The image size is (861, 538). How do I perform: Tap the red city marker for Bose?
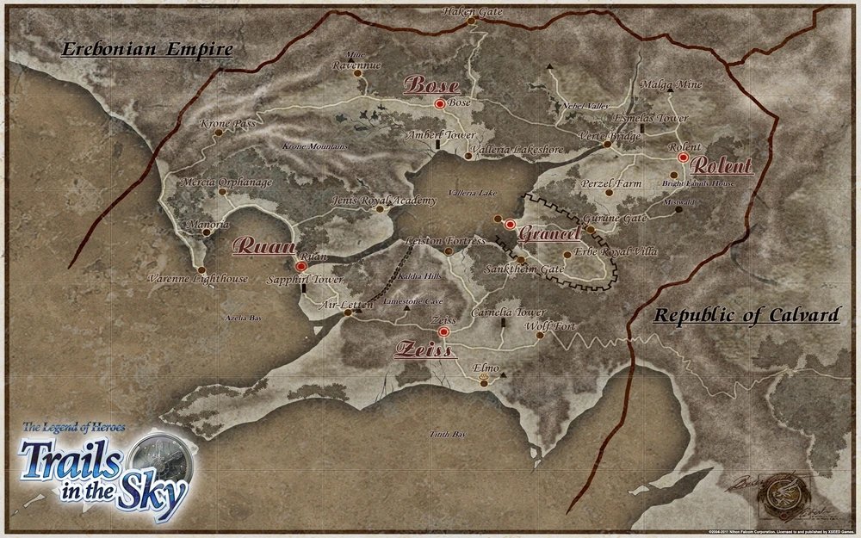pyautogui.click(x=440, y=103)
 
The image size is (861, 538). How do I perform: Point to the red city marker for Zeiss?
pyautogui.click(x=443, y=331)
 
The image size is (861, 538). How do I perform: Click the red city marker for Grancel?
pyautogui.click(x=510, y=226)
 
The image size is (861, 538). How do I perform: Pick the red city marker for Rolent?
pyautogui.click(x=684, y=158)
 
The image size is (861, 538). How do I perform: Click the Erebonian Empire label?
pyautogui.click(x=146, y=49)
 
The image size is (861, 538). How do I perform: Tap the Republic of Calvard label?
pyautogui.click(x=746, y=316)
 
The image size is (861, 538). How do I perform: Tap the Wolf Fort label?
pyautogui.click(x=549, y=327)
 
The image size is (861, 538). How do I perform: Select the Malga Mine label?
pyautogui.click(x=672, y=84)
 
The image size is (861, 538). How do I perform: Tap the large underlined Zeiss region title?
pyautogui.click(x=424, y=348)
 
